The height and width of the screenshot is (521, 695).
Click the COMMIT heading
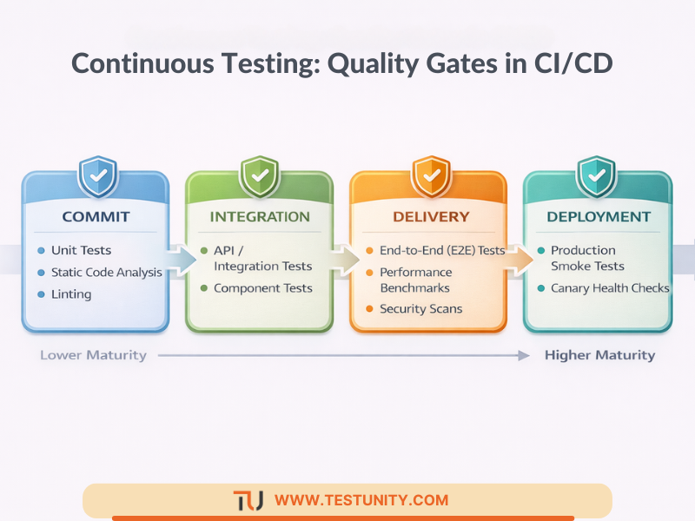click(96, 216)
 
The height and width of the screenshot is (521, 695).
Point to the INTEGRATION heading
click(259, 216)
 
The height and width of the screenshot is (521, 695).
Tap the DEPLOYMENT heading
click(599, 216)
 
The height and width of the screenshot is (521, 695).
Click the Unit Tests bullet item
click(81, 250)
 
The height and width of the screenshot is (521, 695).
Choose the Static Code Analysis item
click(106, 272)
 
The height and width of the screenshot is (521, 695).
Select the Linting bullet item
click(71, 294)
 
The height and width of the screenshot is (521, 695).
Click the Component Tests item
click(263, 287)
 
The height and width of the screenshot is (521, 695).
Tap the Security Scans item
click(420, 309)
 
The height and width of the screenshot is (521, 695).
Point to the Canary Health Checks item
click(610, 287)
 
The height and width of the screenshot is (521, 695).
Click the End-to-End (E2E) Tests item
click(441, 250)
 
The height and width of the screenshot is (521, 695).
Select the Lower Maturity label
click(93, 355)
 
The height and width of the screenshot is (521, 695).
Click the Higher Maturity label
click(599, 355)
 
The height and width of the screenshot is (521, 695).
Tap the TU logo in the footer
click(248, 500)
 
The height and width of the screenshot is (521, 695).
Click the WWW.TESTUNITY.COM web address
click(361, 500)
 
